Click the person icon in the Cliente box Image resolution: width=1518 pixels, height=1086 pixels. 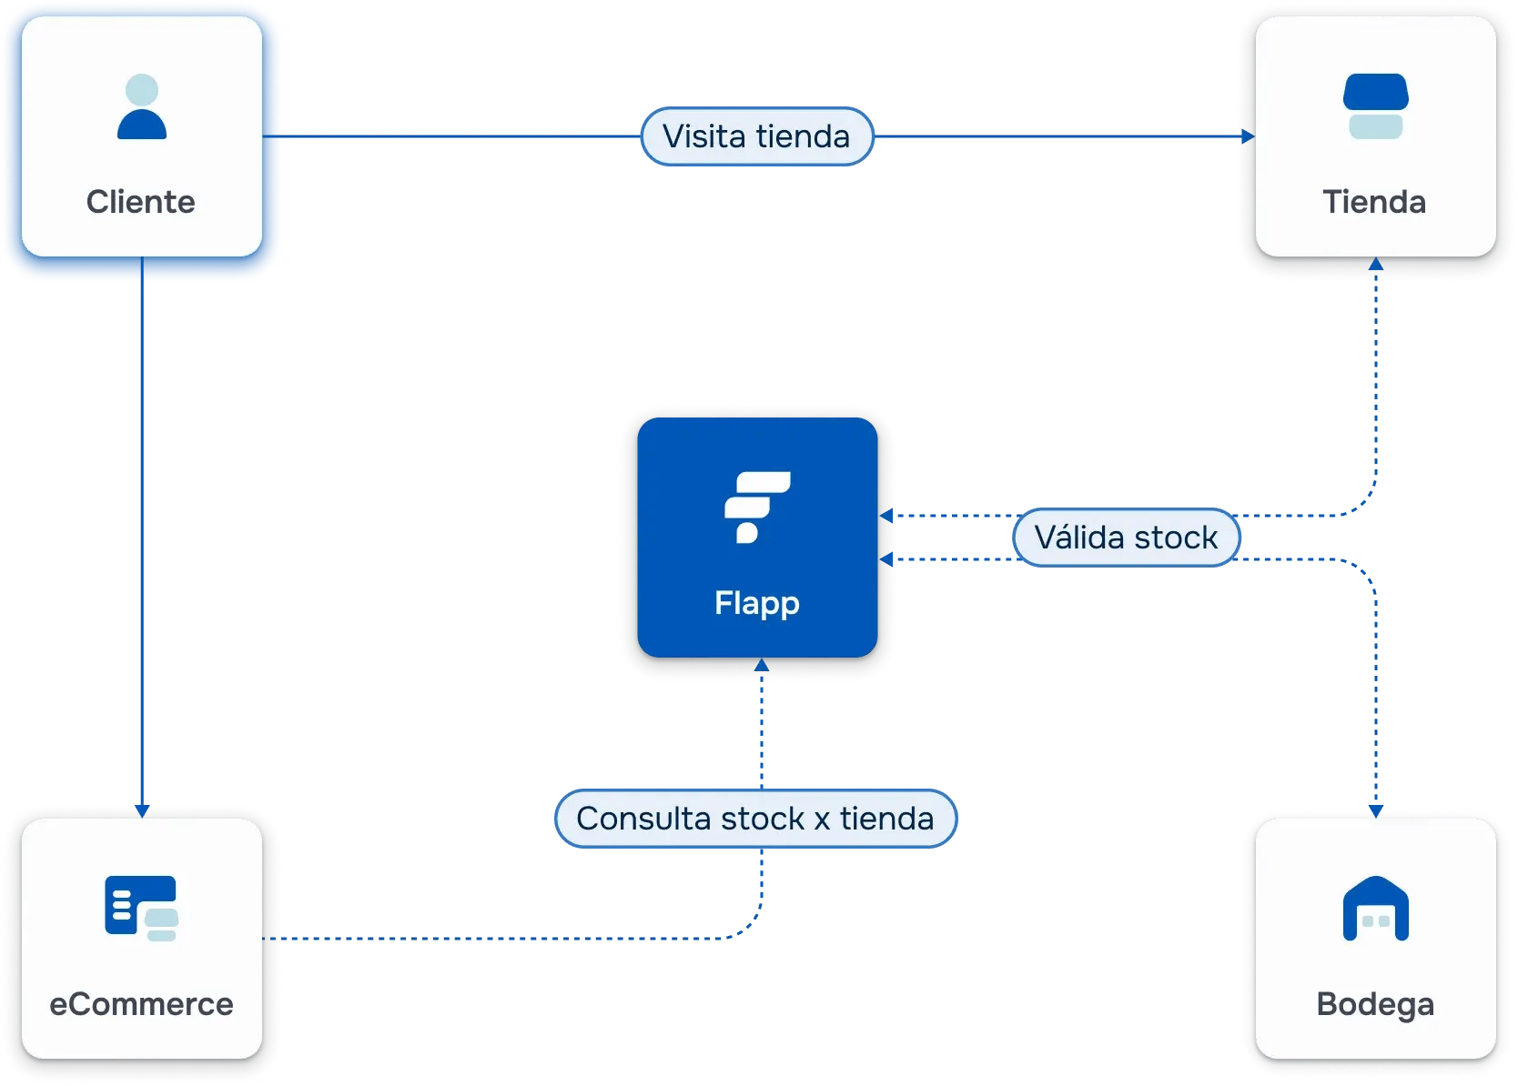coord(142,107)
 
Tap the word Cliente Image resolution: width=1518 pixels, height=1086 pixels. coord(141,202)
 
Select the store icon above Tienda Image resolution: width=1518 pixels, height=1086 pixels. coord(1375,106)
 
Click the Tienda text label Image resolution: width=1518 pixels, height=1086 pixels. coord(1374,202)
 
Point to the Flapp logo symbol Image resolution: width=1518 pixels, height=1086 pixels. coord(756,507)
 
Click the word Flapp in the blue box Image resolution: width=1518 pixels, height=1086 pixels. coord(756,603)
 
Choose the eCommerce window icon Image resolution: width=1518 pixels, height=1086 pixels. coord(141,908)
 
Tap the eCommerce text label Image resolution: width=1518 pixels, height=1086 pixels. coord(141,1004)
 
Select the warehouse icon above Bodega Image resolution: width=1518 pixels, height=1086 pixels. coord(1375,909)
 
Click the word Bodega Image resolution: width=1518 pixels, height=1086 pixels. coord(1375,1004)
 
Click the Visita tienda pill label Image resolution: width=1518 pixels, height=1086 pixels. coord(756,136)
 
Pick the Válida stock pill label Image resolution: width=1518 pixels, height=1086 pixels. coord(1126,538)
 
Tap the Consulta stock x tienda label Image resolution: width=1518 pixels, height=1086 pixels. coord(755,819)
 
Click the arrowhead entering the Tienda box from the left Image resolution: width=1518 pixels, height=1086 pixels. coord(1248,136)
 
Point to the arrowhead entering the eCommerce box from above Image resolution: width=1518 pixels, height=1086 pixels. coord(142,809)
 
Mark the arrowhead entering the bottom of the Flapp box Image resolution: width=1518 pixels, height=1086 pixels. coord(762,666)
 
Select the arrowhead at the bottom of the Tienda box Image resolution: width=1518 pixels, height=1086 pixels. coord(1376,265)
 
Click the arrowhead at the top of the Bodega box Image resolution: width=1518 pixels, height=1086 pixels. coord(1376,810)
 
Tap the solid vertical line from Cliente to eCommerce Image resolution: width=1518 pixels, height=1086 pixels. coord(142,546)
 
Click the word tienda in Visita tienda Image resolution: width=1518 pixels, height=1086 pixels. coord(803,136)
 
